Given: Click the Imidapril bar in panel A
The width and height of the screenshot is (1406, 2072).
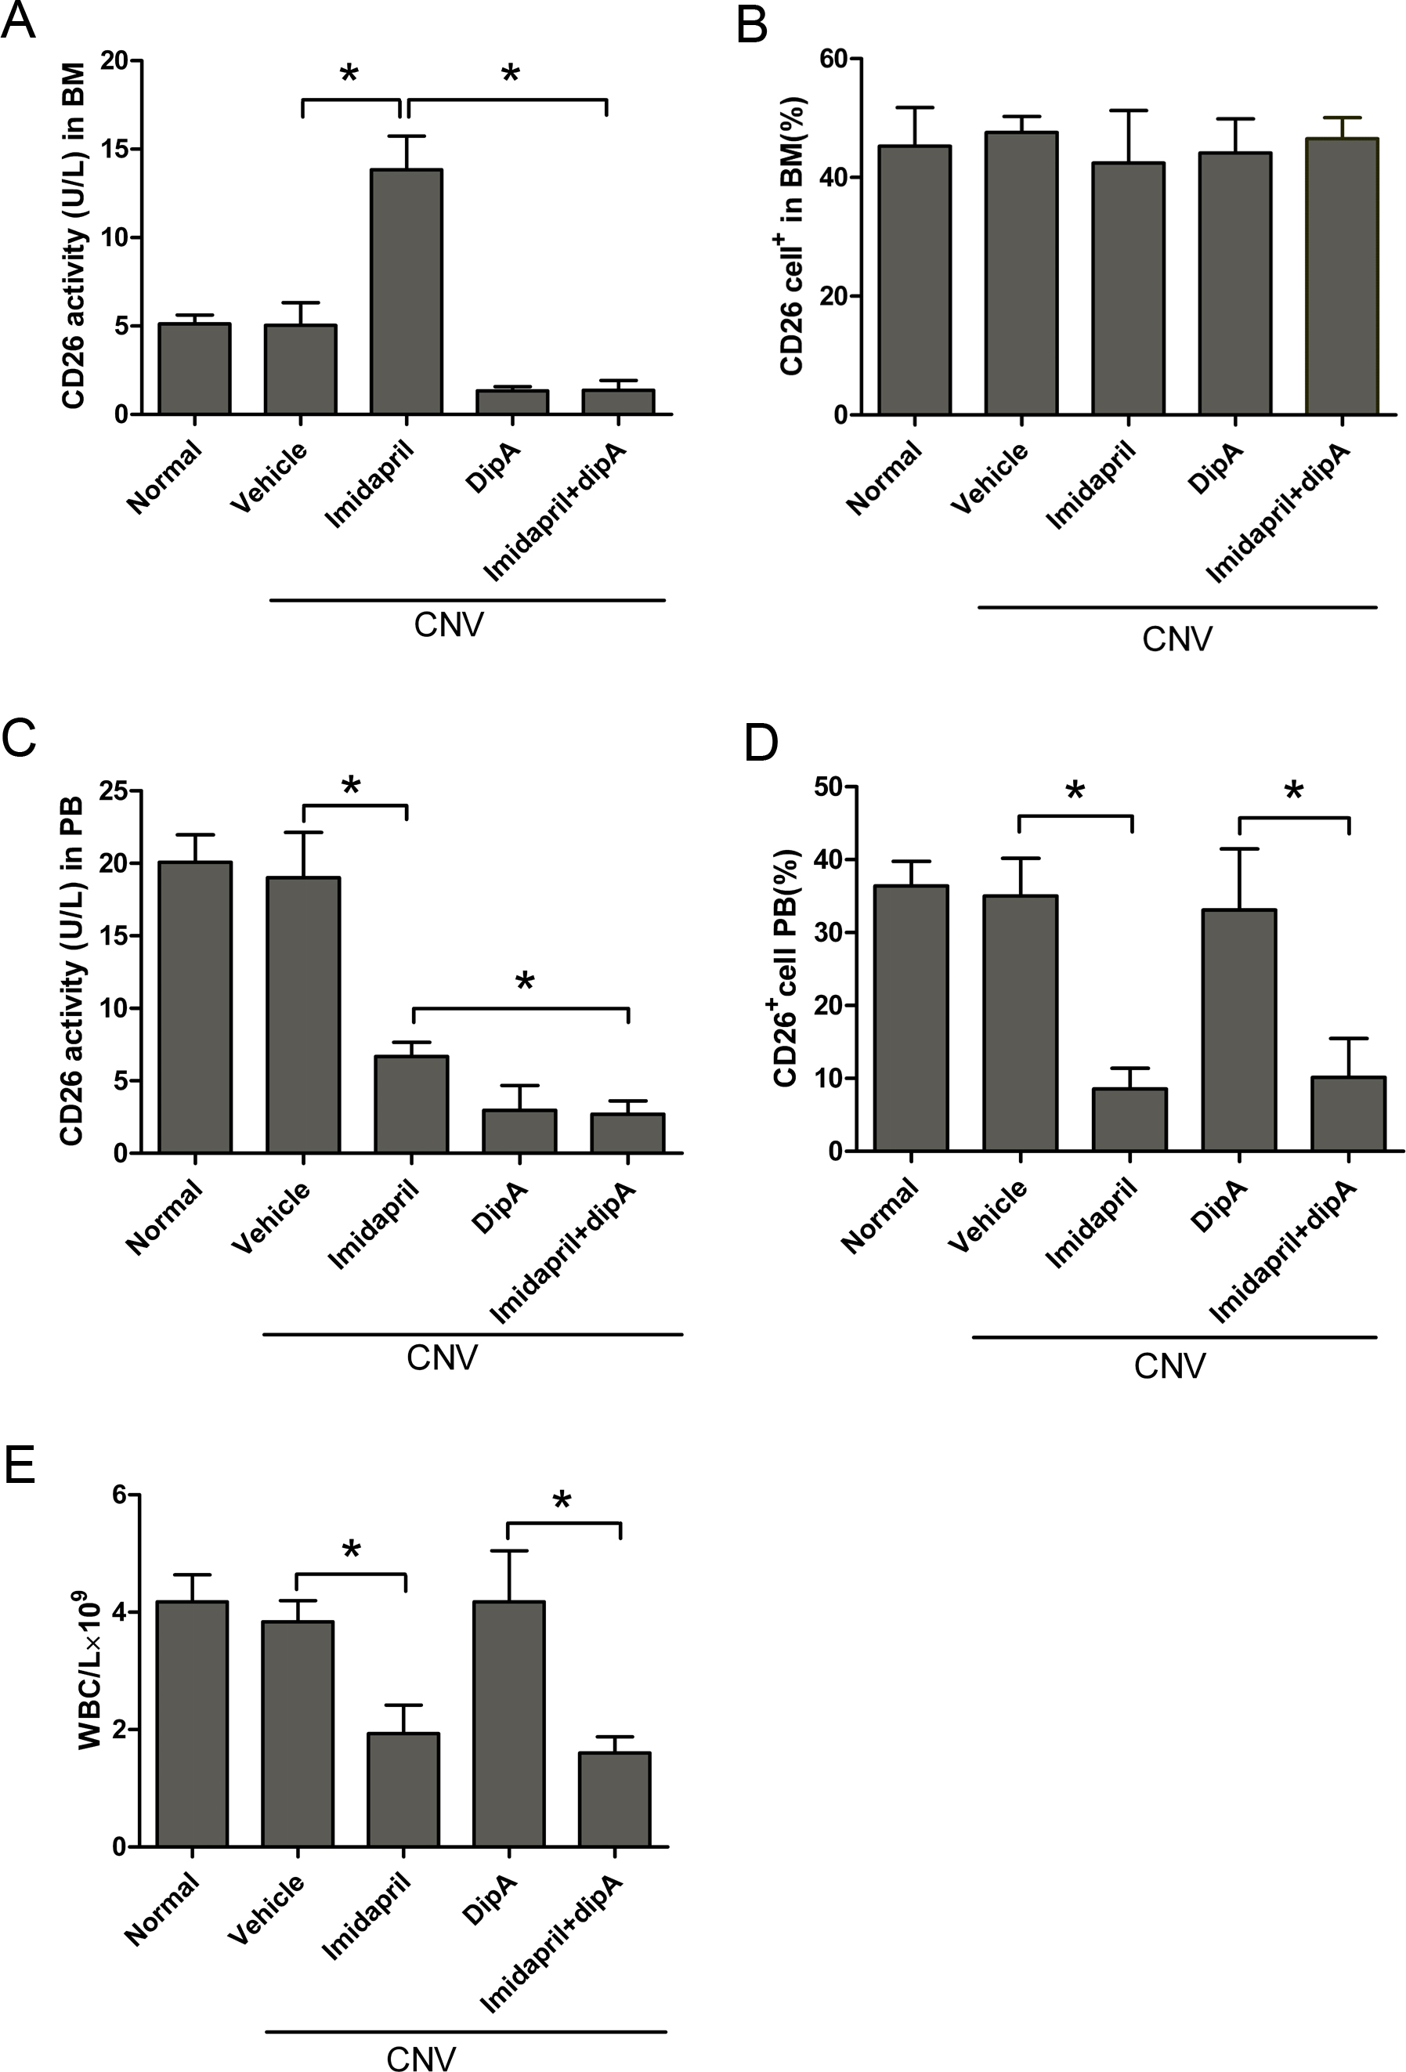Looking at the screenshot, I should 407,291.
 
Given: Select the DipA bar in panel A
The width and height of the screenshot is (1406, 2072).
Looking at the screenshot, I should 511,402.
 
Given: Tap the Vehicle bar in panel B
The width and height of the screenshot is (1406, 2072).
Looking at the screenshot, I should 1021,273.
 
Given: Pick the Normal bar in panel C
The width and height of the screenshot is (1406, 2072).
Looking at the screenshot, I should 195,1007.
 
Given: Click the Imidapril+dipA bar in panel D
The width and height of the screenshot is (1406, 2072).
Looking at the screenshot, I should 1348,1114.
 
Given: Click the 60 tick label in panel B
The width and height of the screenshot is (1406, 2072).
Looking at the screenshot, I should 833,59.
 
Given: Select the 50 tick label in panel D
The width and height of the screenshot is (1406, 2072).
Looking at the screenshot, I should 830,787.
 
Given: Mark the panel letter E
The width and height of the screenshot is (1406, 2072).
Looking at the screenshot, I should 19,1464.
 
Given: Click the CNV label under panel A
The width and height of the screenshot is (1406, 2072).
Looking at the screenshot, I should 449,625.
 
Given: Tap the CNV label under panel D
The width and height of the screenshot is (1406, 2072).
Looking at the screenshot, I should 1169,1366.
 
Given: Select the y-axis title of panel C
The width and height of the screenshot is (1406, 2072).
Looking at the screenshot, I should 71,972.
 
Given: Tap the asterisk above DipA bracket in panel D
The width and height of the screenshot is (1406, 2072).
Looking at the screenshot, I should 1292,790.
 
